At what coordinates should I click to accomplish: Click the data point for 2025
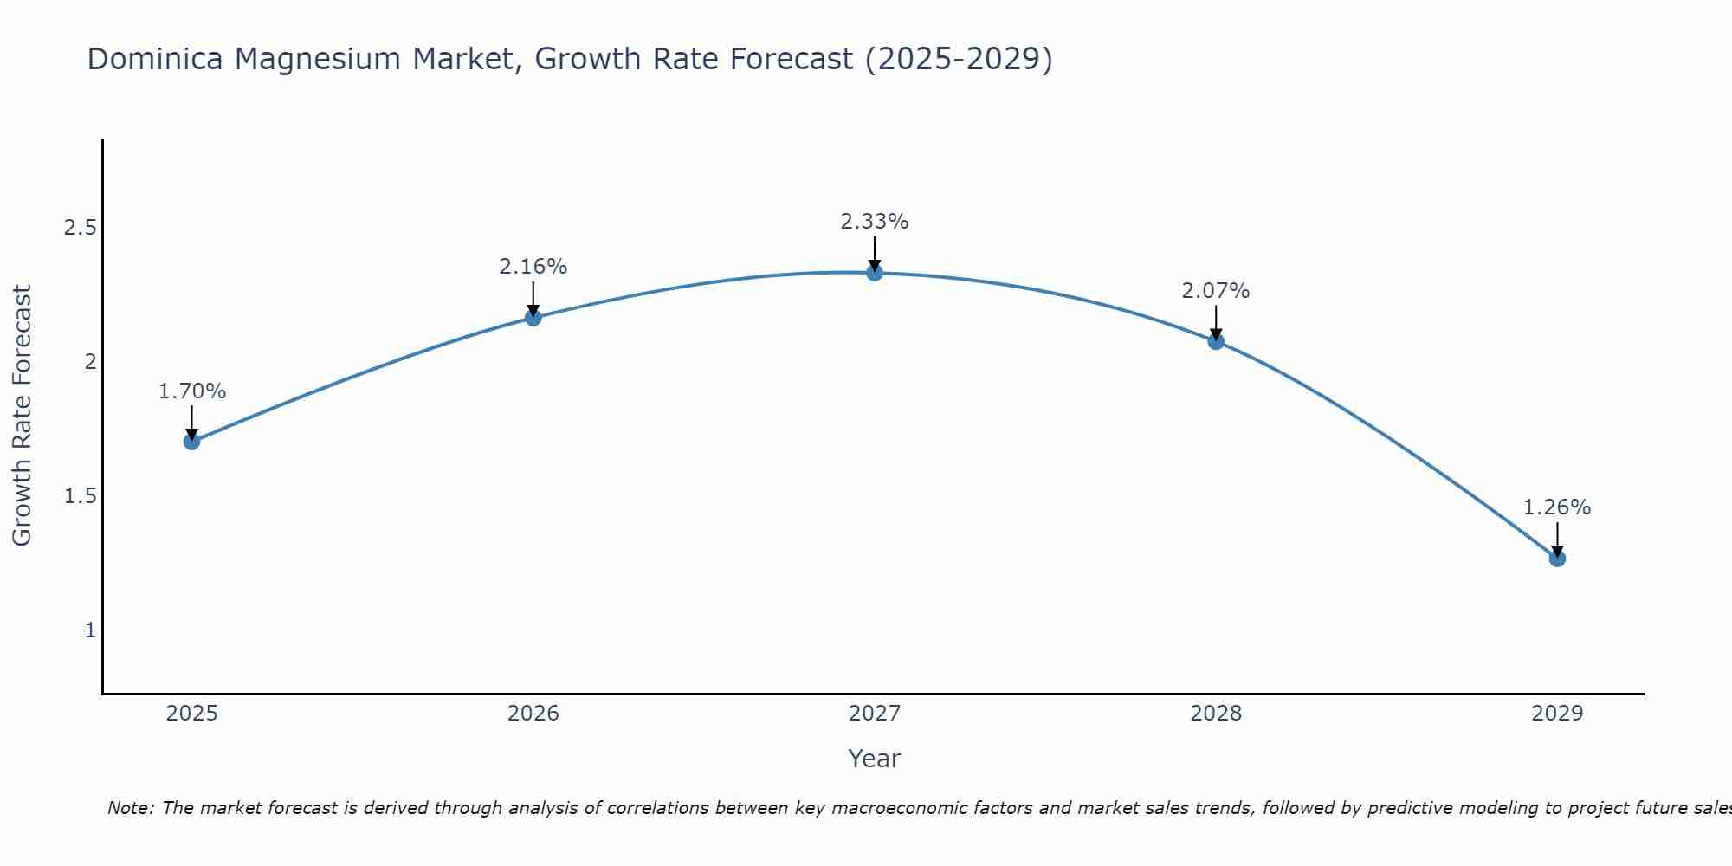[192, 442]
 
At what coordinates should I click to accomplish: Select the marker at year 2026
[533, 318]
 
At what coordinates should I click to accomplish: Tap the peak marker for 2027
[875, 273]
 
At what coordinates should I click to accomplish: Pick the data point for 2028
[1216, 341]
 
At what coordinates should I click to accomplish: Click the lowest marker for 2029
[1557, 559]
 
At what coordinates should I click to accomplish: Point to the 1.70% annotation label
[192, 391]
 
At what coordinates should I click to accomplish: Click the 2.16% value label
[533, 267]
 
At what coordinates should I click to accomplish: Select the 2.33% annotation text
[875, 222]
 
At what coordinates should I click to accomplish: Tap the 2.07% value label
[1216, 291]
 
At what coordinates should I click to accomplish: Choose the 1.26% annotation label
[1557, 507]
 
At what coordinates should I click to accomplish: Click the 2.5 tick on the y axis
[80, 228]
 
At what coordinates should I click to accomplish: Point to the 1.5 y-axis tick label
[80, 496]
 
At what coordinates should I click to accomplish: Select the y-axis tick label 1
[90, 630]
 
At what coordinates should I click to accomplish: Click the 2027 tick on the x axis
[875, 714]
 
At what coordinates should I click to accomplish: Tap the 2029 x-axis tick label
[1557, 714]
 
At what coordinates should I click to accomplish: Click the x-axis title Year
[875, 759]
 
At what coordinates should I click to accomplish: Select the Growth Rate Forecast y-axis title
[23, 416]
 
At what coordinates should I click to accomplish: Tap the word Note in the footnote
[130, 808]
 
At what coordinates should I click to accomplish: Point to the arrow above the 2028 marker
[1216, 322]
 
